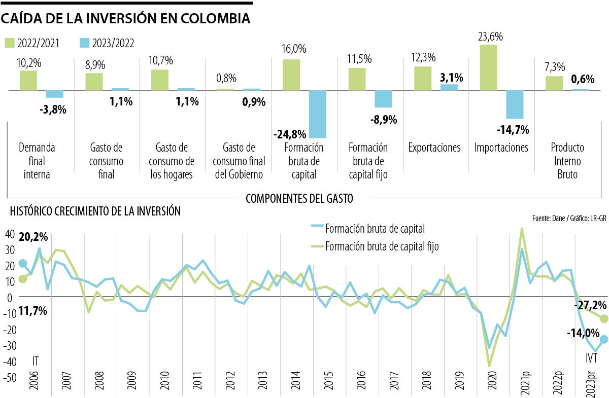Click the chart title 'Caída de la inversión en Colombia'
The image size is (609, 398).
coord(126,19)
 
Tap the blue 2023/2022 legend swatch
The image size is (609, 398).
coord(85,43)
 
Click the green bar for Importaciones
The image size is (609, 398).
coord(488,67)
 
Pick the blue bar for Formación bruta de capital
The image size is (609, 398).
coord(317,114)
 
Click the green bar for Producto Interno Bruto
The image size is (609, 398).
coord(554,83)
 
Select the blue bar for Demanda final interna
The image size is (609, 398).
coord(54,94)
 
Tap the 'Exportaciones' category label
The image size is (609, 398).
coord(434,148)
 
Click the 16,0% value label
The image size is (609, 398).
coord(294,49)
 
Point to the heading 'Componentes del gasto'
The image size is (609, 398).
coord(299,198)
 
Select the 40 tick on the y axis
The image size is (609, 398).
coord(10,234)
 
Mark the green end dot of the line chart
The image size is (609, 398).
coord(604,318)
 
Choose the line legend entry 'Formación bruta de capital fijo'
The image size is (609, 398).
coord(382,247)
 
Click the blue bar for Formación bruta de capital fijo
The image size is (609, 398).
coord(383,99)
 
